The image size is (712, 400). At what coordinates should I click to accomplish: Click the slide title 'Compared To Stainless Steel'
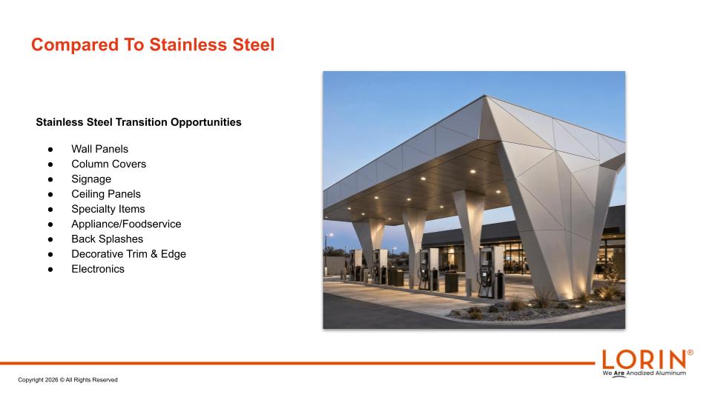(x=153, y=45)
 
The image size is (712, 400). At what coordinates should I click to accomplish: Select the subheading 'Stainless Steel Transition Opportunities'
(x=139, y=122)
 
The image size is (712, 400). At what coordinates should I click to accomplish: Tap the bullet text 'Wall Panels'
(x=99, y=149)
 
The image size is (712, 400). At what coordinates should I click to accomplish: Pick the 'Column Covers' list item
(x=108, y=164)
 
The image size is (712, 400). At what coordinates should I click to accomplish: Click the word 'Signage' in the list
(x=90, y=179)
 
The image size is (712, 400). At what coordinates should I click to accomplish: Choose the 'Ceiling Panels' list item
(x=106, y=194)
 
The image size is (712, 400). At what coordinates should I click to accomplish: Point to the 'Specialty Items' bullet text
(x=108, y=209)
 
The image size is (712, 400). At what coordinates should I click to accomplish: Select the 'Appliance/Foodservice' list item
(x=126, y=224)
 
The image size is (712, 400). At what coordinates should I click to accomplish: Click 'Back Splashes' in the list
(x=107, y=239)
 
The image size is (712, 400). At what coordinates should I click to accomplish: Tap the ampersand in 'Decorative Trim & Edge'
(x=154, y=254)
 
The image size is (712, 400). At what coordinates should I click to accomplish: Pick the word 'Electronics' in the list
(x=98, y=269)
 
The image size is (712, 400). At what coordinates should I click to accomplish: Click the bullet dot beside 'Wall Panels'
(x=50, y=149)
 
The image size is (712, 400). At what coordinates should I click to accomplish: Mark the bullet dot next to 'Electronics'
(x=50, y=270)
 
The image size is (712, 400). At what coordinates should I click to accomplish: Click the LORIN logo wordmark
(x=644, y=360)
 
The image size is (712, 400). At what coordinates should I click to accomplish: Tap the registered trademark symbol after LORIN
(x=690, y=353)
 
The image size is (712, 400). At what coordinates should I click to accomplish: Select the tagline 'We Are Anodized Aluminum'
(x=644, y=373)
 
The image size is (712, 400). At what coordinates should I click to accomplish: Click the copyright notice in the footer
(x=67, y=380)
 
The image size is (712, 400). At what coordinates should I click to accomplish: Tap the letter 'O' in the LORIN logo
(x=627, y=360)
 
